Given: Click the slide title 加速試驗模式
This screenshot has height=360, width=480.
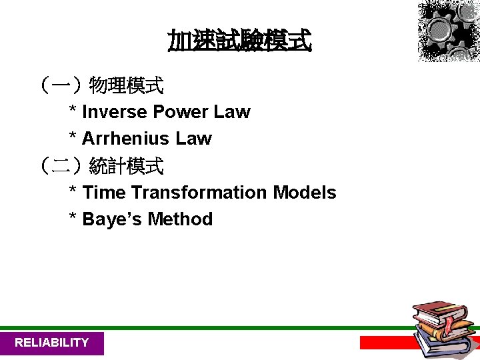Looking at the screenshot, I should click(x=239, y=41).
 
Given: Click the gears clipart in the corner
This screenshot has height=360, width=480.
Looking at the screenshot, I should click(x=447, y=30).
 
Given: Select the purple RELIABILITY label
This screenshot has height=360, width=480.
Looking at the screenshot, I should click(x=52, y=343).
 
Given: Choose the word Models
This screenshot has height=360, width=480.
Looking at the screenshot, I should click(x=305, y=193).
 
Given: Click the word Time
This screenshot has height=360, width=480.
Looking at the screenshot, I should click(x=104, y=193).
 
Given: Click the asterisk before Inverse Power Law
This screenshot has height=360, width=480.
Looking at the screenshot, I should click(x=73, y=110).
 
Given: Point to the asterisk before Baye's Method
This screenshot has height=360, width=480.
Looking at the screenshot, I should click(x=73, y=217).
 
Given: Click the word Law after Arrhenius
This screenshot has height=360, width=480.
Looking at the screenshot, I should click(x=193, y=139).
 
